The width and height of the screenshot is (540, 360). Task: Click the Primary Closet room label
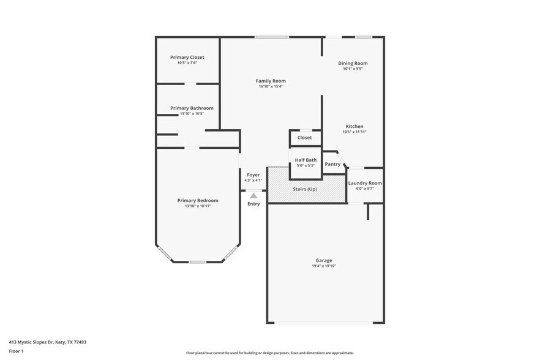[187, 57]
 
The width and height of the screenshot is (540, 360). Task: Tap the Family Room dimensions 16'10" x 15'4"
[271, 86]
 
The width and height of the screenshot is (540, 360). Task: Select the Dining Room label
[353, 63]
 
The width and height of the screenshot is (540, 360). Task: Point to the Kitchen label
[354, 126]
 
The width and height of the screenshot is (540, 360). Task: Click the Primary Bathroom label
[192, 108]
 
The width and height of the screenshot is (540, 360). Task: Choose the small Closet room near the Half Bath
[305, 138]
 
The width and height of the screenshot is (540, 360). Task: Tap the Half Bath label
[306, 160]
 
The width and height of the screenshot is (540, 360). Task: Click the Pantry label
[332, 164]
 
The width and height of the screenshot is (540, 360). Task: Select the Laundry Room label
[365, 183]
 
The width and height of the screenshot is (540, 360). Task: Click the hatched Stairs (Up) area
[304, 189]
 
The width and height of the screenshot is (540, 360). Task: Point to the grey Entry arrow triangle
[253, 195]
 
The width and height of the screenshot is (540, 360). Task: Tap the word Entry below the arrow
[253, 204]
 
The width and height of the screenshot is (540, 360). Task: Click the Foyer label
[253, 174]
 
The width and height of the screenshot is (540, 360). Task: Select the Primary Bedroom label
[198, 200]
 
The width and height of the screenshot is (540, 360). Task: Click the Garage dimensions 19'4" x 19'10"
[324, 266]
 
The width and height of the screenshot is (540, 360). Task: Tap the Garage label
[324, 260]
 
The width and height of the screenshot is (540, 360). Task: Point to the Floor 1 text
[16, 351]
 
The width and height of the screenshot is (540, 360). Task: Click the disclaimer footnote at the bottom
[269, 353]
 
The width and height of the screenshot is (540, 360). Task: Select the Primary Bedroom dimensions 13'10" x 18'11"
[198, 206]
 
